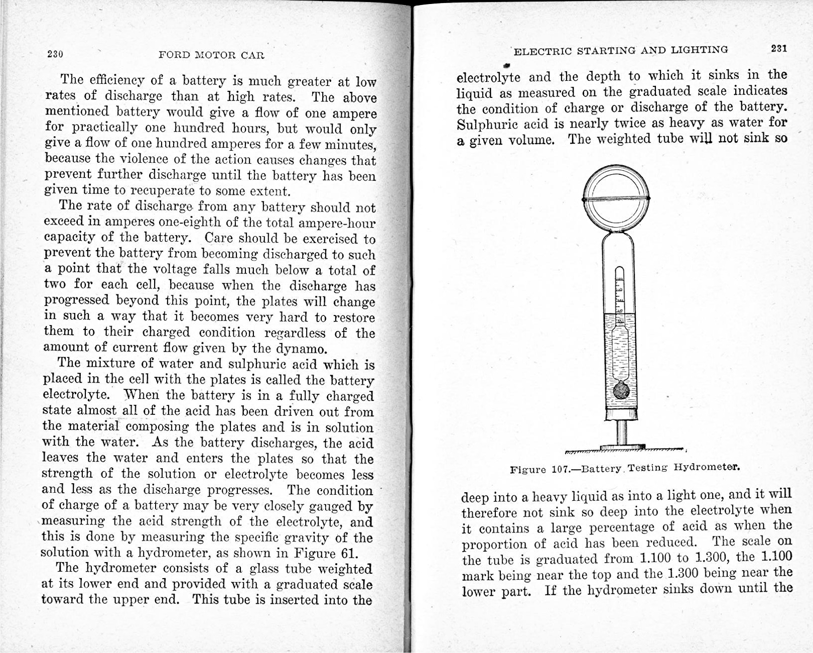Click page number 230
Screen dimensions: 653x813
(55, 54)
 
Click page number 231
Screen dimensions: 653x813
(779, 49)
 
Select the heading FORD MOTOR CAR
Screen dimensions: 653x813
(211, 55)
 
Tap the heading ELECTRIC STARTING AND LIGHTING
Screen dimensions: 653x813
(621, 50)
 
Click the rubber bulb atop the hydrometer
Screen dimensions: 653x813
(616, 198)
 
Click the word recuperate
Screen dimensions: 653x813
(162, 191)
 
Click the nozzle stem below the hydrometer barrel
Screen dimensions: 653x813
(621, 432)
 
